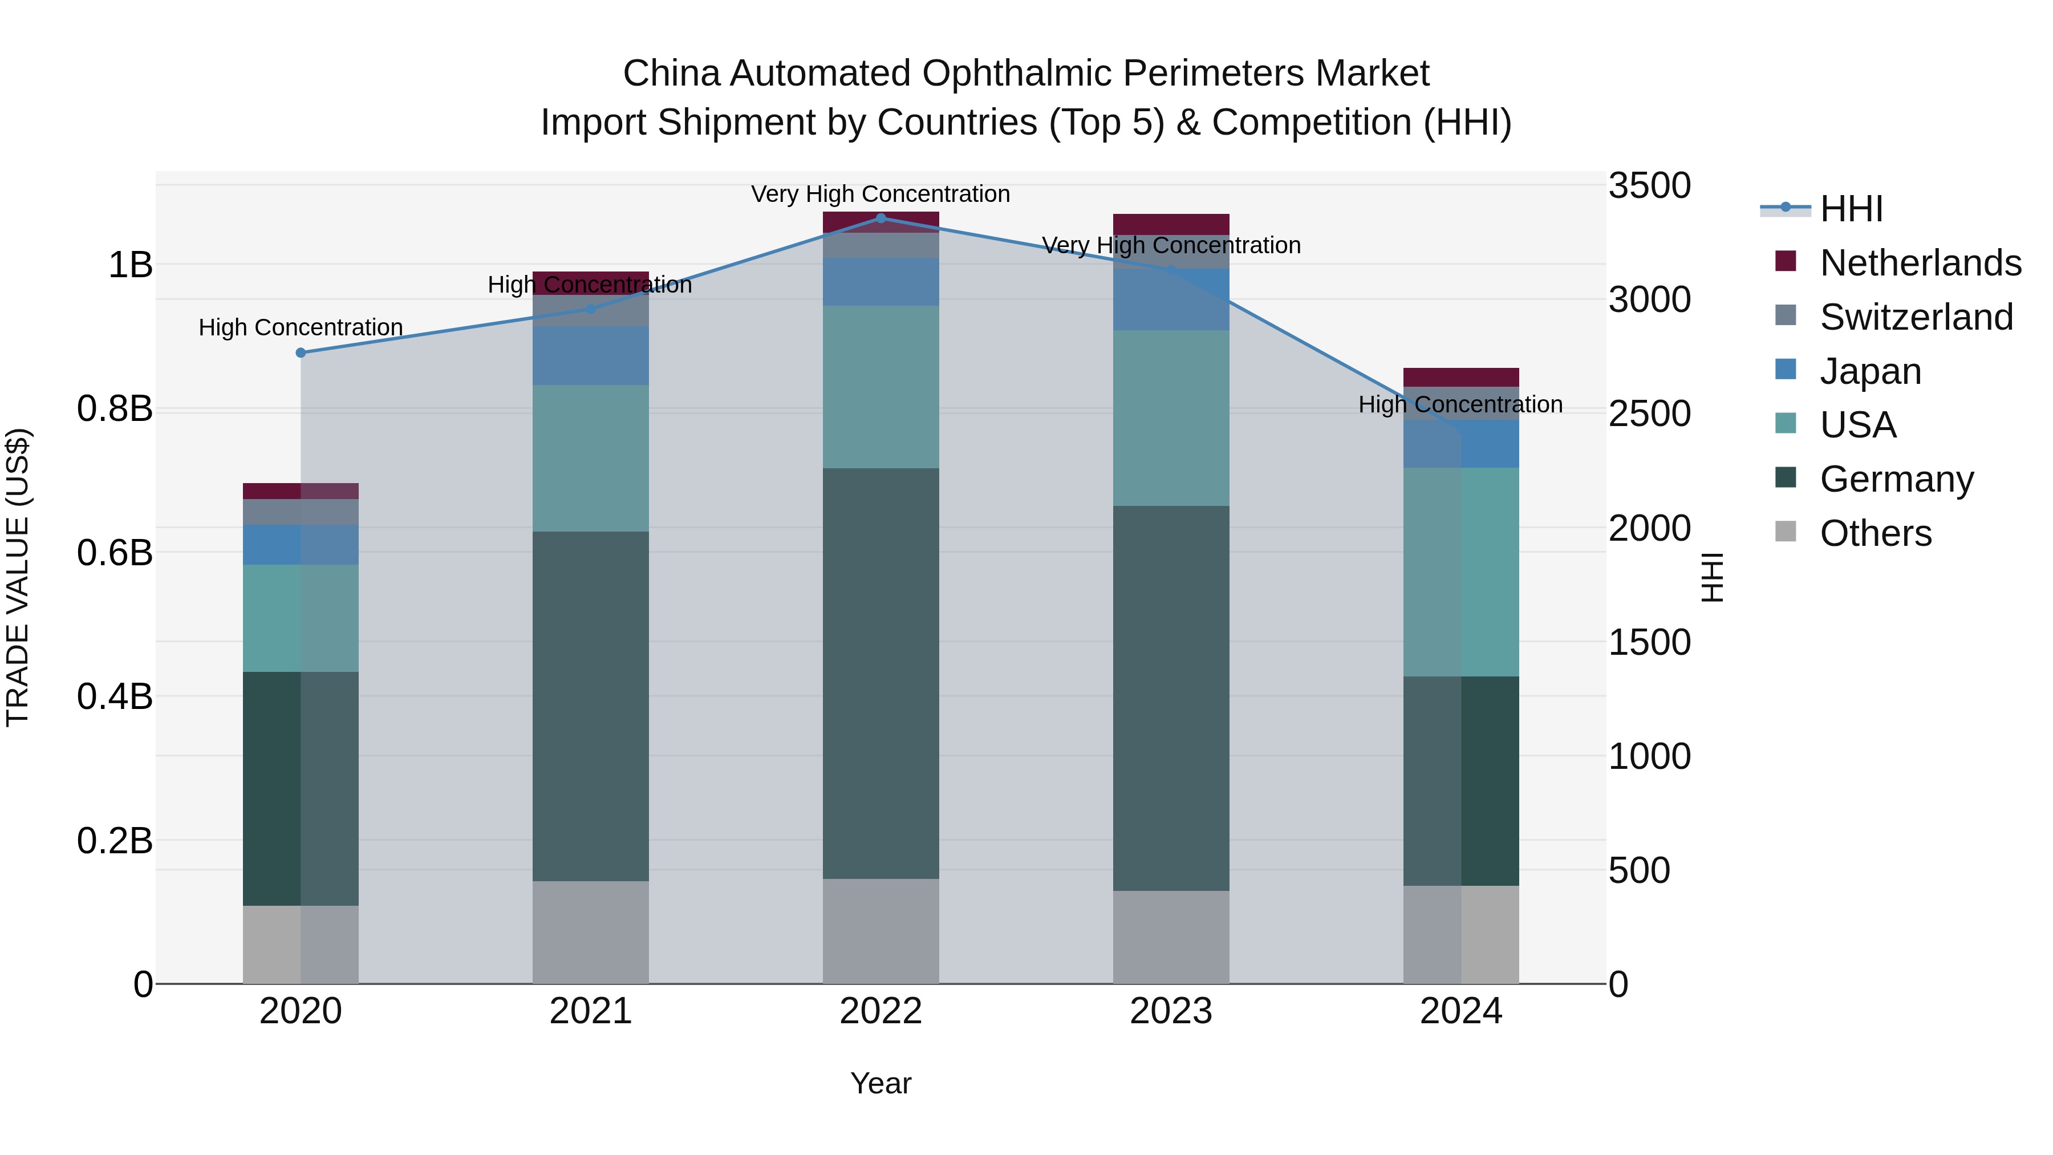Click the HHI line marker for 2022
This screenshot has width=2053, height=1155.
tap(881, 218)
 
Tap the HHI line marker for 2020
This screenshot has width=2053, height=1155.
tap(301, 352)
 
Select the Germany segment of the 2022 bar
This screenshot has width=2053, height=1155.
tap(881, 674)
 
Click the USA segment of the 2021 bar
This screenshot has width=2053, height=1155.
tap(591, 459)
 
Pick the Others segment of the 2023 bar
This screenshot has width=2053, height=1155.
tap(1171, 937)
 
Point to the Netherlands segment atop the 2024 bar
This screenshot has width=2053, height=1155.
tap(1461, 377)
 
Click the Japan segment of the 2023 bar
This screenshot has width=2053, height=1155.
tap(1171, 299)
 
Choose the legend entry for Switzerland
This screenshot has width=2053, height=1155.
tap(1916, 317)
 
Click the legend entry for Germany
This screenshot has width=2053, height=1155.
tap(1896, 479)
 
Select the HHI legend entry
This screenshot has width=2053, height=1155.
tap(1851, 209)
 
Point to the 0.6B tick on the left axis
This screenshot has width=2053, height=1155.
tap(115, 552)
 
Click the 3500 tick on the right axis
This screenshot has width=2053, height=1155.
tap(1649, 186)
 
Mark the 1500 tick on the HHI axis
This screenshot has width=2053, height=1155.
tap(1649, 642)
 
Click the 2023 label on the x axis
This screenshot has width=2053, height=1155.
tap(1171, 1011)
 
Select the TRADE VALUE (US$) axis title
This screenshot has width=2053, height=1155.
tap(18, 577)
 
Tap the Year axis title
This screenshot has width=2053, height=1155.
tap(881, 1083)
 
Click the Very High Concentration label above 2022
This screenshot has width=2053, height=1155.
tap(881, 194)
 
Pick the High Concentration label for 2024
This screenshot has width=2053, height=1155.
tap(1460, 404)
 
